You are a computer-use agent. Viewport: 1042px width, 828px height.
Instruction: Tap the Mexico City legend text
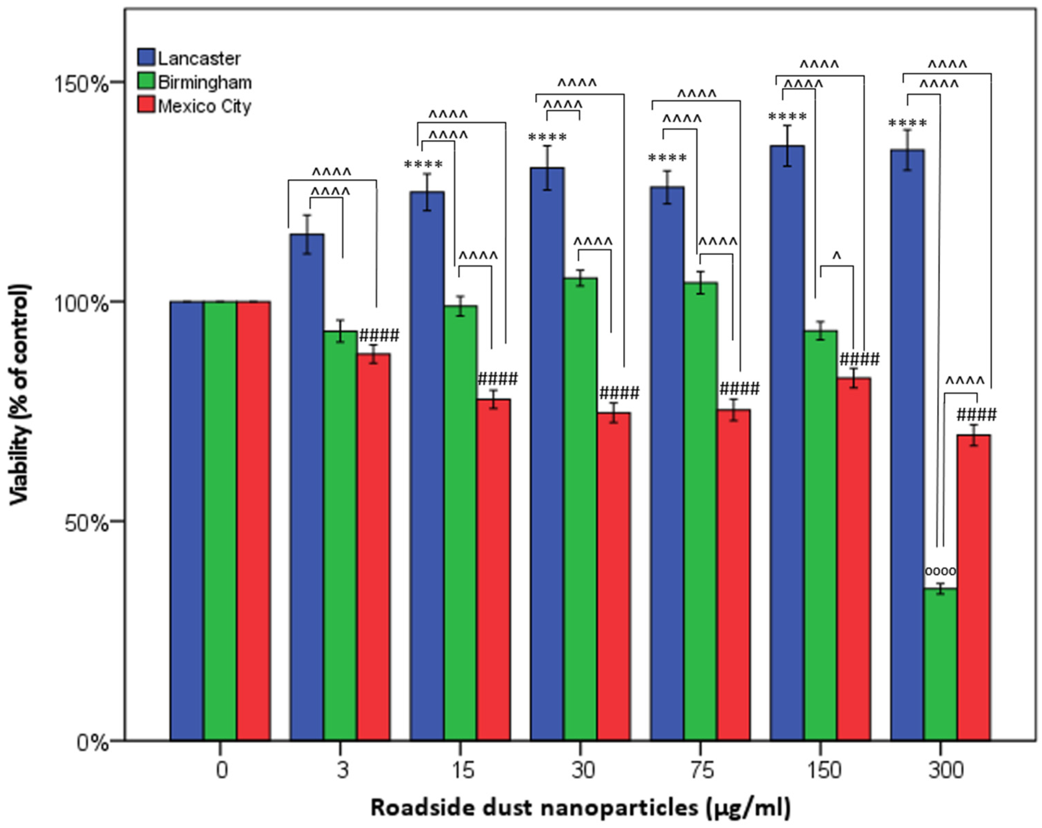pos(204,106)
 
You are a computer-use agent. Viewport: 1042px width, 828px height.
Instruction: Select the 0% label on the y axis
pos(92,743)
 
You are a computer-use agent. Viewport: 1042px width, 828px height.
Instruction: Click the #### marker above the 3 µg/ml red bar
pos(379,335)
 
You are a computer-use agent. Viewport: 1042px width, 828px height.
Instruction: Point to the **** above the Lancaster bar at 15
pos(423,165)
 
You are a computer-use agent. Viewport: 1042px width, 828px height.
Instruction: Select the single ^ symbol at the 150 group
pos(837,257)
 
